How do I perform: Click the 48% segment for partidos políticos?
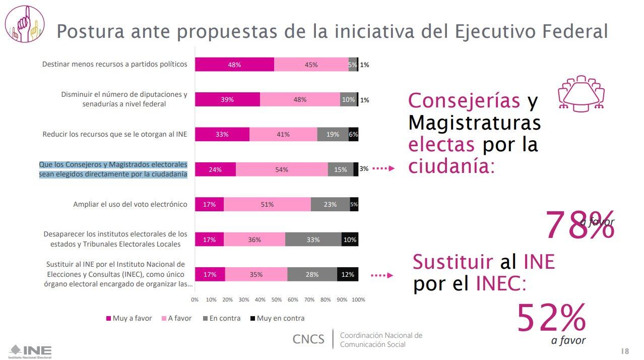234,65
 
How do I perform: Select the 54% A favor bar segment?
281,169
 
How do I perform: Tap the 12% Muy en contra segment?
348,274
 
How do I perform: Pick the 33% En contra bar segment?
313,239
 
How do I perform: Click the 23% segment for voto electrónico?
330,204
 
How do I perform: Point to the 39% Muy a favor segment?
227,100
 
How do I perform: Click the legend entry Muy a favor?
129,318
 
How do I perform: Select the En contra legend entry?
221,318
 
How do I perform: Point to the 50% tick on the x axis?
277,299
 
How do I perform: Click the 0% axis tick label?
195,299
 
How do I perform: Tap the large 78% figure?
579,225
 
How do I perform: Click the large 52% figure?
551,318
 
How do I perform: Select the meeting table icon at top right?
581,93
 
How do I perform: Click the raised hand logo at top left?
25,24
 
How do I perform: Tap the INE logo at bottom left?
30,351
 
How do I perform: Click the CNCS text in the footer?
308,339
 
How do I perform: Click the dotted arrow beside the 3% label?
383,169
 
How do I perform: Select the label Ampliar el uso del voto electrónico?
130,204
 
